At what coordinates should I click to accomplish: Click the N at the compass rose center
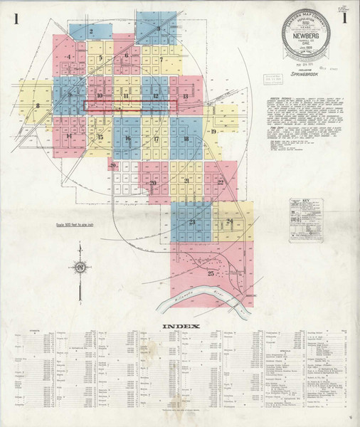(x=81, y=267)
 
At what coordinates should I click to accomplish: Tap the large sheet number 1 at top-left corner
(x=15, y=19)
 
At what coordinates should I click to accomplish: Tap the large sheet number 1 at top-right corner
(x=345, y=19)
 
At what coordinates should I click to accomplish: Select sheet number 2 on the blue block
(x=92, y=31)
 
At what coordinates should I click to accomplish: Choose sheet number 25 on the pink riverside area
(x=210, y=273)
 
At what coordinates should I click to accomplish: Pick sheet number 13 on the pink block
(x=185, y=95)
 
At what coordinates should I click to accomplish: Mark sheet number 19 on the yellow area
(x=212, y=132)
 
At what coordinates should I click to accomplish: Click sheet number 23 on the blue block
(x=192, y=222)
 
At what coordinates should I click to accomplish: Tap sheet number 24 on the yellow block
(x=229, y=222)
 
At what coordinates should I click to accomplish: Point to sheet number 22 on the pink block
(x=221, y=182)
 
